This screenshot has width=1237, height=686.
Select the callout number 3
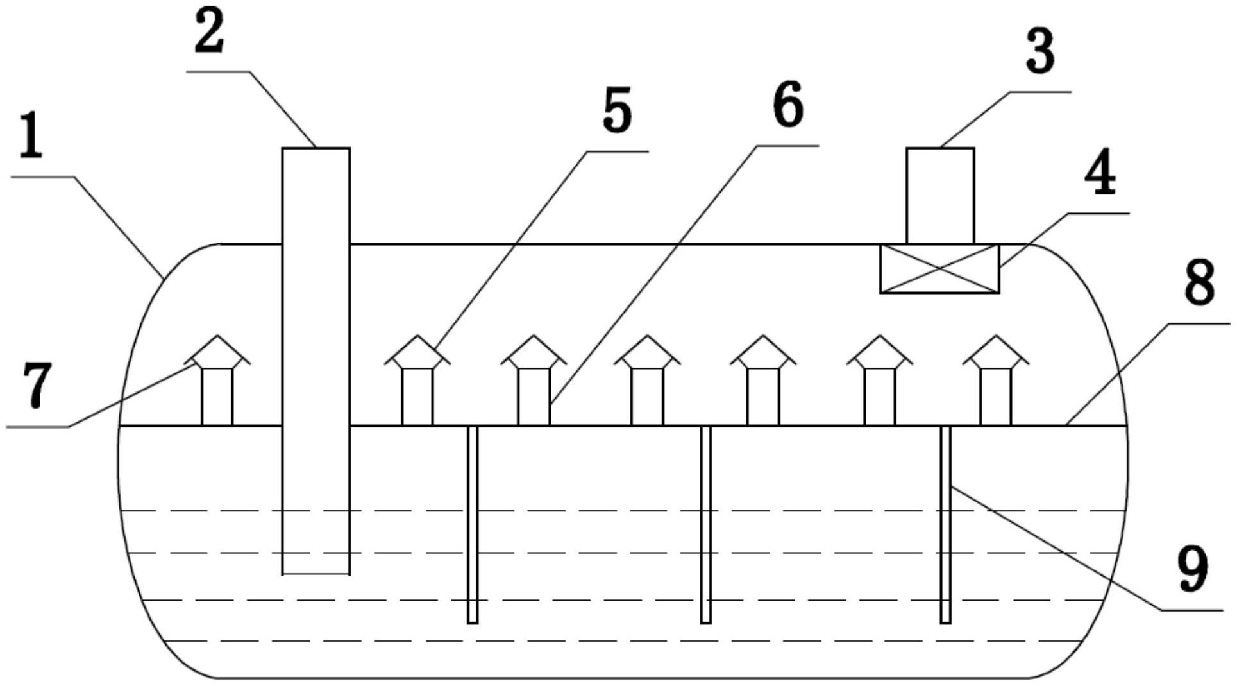pos(1039,51)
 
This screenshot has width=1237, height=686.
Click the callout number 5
pos(617,110)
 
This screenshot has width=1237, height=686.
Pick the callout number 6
pos(787,103)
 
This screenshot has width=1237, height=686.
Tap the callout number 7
pos(37,385)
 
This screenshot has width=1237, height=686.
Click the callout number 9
pos(1193,568)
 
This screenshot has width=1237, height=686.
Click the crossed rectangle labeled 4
pos(939,269)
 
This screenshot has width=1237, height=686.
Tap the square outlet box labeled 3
pos(940,196)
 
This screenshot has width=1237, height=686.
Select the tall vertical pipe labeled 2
pos(316,361)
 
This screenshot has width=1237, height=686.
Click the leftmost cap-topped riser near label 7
pos(217,380)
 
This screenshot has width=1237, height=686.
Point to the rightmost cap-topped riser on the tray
pos(996,380)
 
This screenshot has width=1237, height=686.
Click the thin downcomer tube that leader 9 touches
pos(945,524)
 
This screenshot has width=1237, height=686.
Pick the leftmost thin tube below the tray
pos(473,524)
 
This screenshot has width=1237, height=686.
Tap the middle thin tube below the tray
pos(706,524)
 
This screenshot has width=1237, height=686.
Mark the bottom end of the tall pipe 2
pos(316,574)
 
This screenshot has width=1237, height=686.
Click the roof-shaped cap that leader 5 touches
pos(417,352)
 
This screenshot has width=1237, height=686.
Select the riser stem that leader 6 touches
pos(534,397)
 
